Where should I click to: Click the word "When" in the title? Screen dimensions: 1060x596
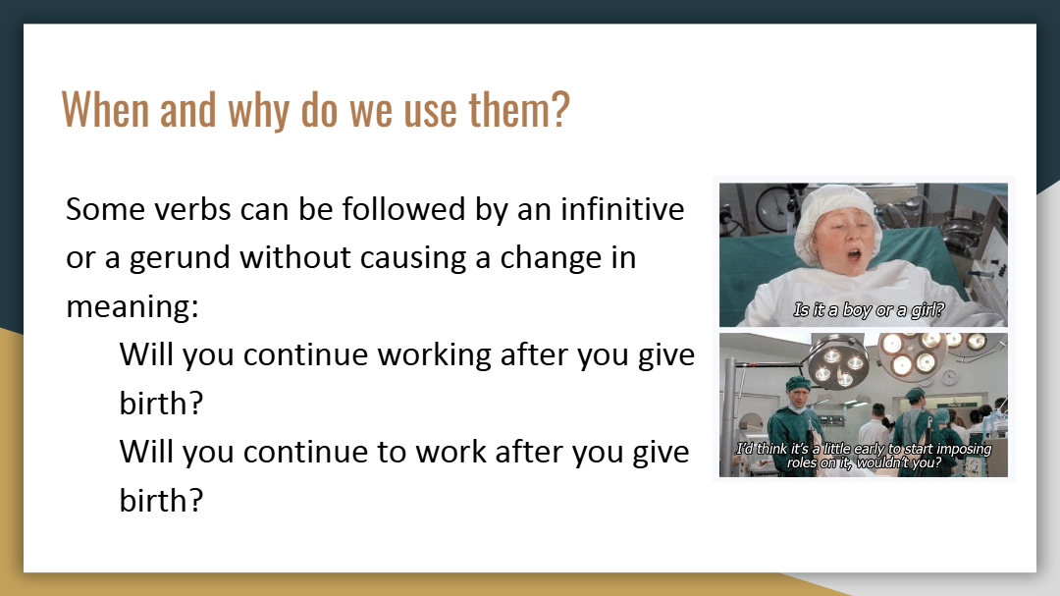pyautogui.click(x=105, y=110)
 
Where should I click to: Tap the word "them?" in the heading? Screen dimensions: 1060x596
pyautogui.click(x=520, y=110)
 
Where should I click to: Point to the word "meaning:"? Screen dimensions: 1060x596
pyautogui.click(x=132, y=307)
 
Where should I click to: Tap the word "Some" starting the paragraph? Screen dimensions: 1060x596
pyautogui.click(x=105, y=209)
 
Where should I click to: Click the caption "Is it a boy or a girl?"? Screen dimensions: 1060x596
pyautogui.click(x=869, y=310)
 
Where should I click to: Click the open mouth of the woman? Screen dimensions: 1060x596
pyautogui.click(x=854, y=254)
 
